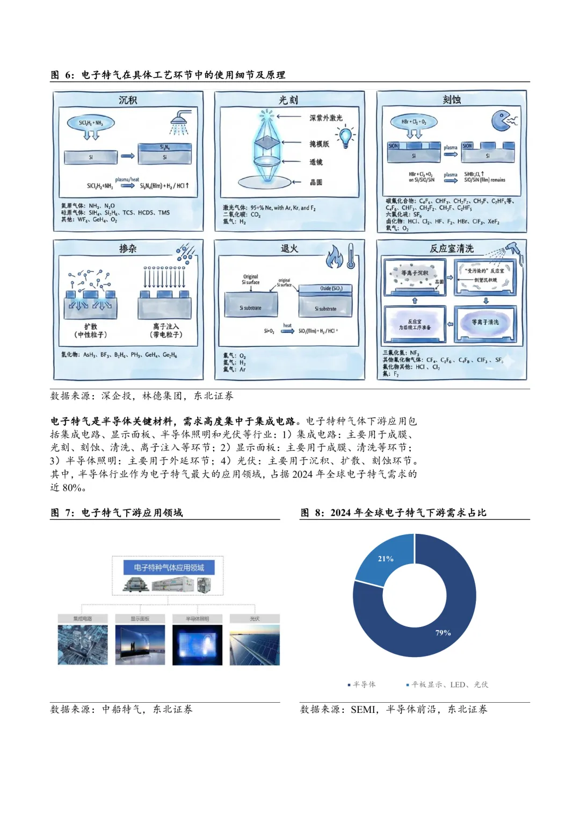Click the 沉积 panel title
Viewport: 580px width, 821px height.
[x=128, y=100]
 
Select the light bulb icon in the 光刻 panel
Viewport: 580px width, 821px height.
[x=345, y=137]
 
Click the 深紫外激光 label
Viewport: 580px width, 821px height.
[x=325, y=118]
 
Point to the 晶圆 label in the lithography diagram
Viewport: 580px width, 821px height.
[x=316, y=182]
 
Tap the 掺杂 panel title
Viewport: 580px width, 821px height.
[x=128, y=248]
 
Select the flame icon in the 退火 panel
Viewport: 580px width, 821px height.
[x=334, y=257]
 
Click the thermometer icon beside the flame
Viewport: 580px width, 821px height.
[x=351, y=255]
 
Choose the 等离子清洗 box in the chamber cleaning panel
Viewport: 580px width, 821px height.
[x=485, y=323]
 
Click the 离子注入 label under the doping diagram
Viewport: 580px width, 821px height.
[x=166, y=330]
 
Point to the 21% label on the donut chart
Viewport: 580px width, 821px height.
[x=386, y=559]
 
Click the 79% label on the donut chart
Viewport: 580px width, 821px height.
[x=443, y=633]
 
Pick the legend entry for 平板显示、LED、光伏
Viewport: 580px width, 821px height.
[x=447, y=684]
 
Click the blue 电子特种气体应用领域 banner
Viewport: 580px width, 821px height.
[x=169, y=567]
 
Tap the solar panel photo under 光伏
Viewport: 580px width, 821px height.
[x=255, y=645]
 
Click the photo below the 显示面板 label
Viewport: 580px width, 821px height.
[x=140, y=645]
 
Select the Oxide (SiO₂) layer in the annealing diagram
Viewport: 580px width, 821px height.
[x=325, y=289]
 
